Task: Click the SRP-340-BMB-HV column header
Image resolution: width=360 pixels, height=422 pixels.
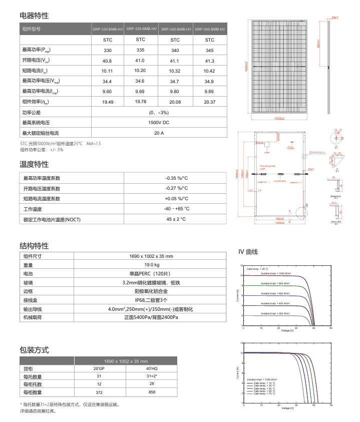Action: pos(175,30)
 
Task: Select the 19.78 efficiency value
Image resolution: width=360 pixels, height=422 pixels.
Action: pos(140,102)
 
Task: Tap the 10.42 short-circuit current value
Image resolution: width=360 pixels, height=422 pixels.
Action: pos(209,71)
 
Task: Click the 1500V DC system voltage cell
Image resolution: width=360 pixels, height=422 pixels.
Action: pos(159,123)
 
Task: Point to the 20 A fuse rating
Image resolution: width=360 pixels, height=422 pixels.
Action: pos(159,133)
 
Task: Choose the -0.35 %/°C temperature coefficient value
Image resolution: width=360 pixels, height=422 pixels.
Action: pos(176,178)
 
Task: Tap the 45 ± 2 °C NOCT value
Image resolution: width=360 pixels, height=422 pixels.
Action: pos(176,219)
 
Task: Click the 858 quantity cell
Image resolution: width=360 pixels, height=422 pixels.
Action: pos(152,392)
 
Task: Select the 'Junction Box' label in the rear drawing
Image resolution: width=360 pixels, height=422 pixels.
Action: pos(280,181)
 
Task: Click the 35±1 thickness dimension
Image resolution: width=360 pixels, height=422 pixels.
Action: pos(335,18)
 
